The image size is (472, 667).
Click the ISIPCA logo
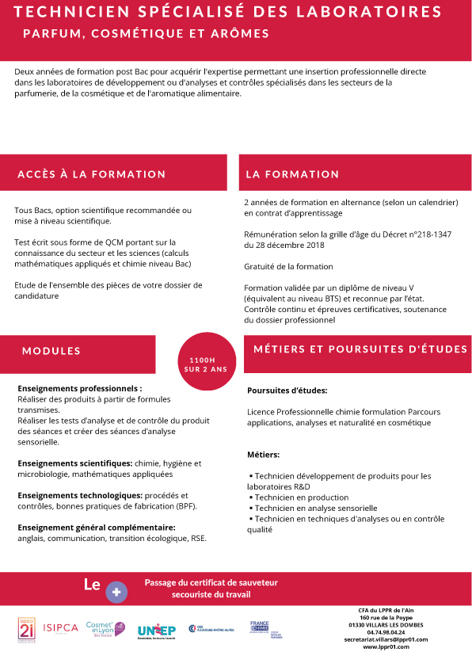point(61,628)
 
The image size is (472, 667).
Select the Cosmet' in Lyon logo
point(105,628)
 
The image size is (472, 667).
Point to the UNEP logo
point(156,630)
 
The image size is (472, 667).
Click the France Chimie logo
point(260,628)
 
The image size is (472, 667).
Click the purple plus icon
point(116,591)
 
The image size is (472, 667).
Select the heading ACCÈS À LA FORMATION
point(92,174)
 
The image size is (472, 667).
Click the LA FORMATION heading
point(292,174)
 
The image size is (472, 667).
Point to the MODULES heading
point(51,351)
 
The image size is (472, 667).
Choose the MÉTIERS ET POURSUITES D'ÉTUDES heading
point(360,349)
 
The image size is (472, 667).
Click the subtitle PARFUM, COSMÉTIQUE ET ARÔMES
point(146,34)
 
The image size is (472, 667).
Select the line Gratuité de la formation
point(289,266)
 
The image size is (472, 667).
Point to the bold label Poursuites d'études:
point(287,391)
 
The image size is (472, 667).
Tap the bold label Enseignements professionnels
point(80,389)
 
